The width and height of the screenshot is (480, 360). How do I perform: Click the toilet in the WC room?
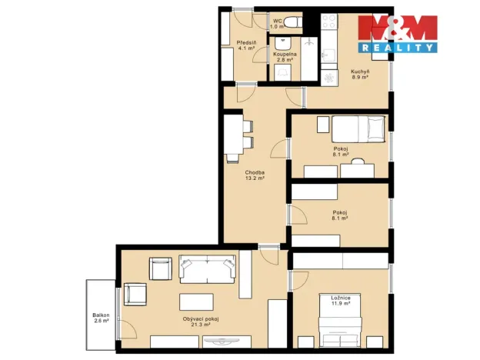pyautogui.click(x=292, y=22)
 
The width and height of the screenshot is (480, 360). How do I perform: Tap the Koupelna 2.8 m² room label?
pyautogui.click(x=285, y=57)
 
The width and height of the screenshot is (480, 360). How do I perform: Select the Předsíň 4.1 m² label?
pyautogui.click(x=246, y=45)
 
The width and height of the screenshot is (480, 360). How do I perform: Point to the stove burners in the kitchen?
pyautogui.click(x=329, y=22)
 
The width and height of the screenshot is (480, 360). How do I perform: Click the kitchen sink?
pyautogui.click(x=328, y=55)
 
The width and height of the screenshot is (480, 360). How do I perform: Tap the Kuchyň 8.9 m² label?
pyautogui.click(x=360, y=75)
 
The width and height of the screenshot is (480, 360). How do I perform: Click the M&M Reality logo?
pyautogui.click(x=398, y=34)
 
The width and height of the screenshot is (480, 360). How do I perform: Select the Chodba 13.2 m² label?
pyautogui.click(x=255, y=175)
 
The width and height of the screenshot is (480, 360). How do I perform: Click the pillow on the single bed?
pyautogui.click(x=376, y=128)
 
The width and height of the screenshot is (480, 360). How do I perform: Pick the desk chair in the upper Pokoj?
pyautogui.click(x=358, y=161)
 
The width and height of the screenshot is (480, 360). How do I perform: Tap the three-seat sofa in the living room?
pyautogui.click(x=208, y=268)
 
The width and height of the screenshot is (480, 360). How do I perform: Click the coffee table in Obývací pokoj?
pyautogui.click(x=196, y=302)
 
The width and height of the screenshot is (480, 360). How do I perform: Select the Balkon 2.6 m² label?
pyautogui.click(x=101, y=318)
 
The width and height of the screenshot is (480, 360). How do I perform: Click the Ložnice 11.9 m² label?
pyautogui.click(x=341, y=301)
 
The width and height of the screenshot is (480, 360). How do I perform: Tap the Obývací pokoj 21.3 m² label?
pyautogui.click(x=201, y=322)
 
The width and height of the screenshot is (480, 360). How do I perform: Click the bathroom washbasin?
pyautogui.click(x=283, y=44)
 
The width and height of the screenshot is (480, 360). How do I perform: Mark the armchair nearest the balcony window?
pyautogui.click(x=135, y=294)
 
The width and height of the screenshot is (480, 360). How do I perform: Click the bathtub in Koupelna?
pyautogui.click(x=309, y=58)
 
